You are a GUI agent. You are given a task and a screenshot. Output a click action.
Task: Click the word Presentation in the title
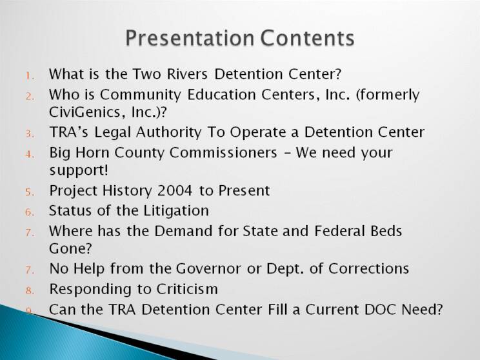190,38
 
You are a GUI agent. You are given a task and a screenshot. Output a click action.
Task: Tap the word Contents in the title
307,38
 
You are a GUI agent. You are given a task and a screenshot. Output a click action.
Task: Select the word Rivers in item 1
187,74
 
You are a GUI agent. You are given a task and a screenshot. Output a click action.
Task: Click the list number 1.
30,76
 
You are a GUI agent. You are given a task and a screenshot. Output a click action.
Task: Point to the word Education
221,95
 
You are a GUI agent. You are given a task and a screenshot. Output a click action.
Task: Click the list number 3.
30,134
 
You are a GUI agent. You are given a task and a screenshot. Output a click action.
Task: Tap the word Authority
168,132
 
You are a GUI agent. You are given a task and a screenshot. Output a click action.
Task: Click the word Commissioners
223,152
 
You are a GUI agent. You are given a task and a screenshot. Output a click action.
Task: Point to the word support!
79,170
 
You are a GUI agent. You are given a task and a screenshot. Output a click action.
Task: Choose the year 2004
174,191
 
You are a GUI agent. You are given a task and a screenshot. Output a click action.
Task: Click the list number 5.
30,192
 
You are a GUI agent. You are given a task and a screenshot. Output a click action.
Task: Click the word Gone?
70,248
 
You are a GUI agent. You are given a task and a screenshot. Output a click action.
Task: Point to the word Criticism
187,289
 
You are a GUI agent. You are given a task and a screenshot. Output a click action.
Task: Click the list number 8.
30,290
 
